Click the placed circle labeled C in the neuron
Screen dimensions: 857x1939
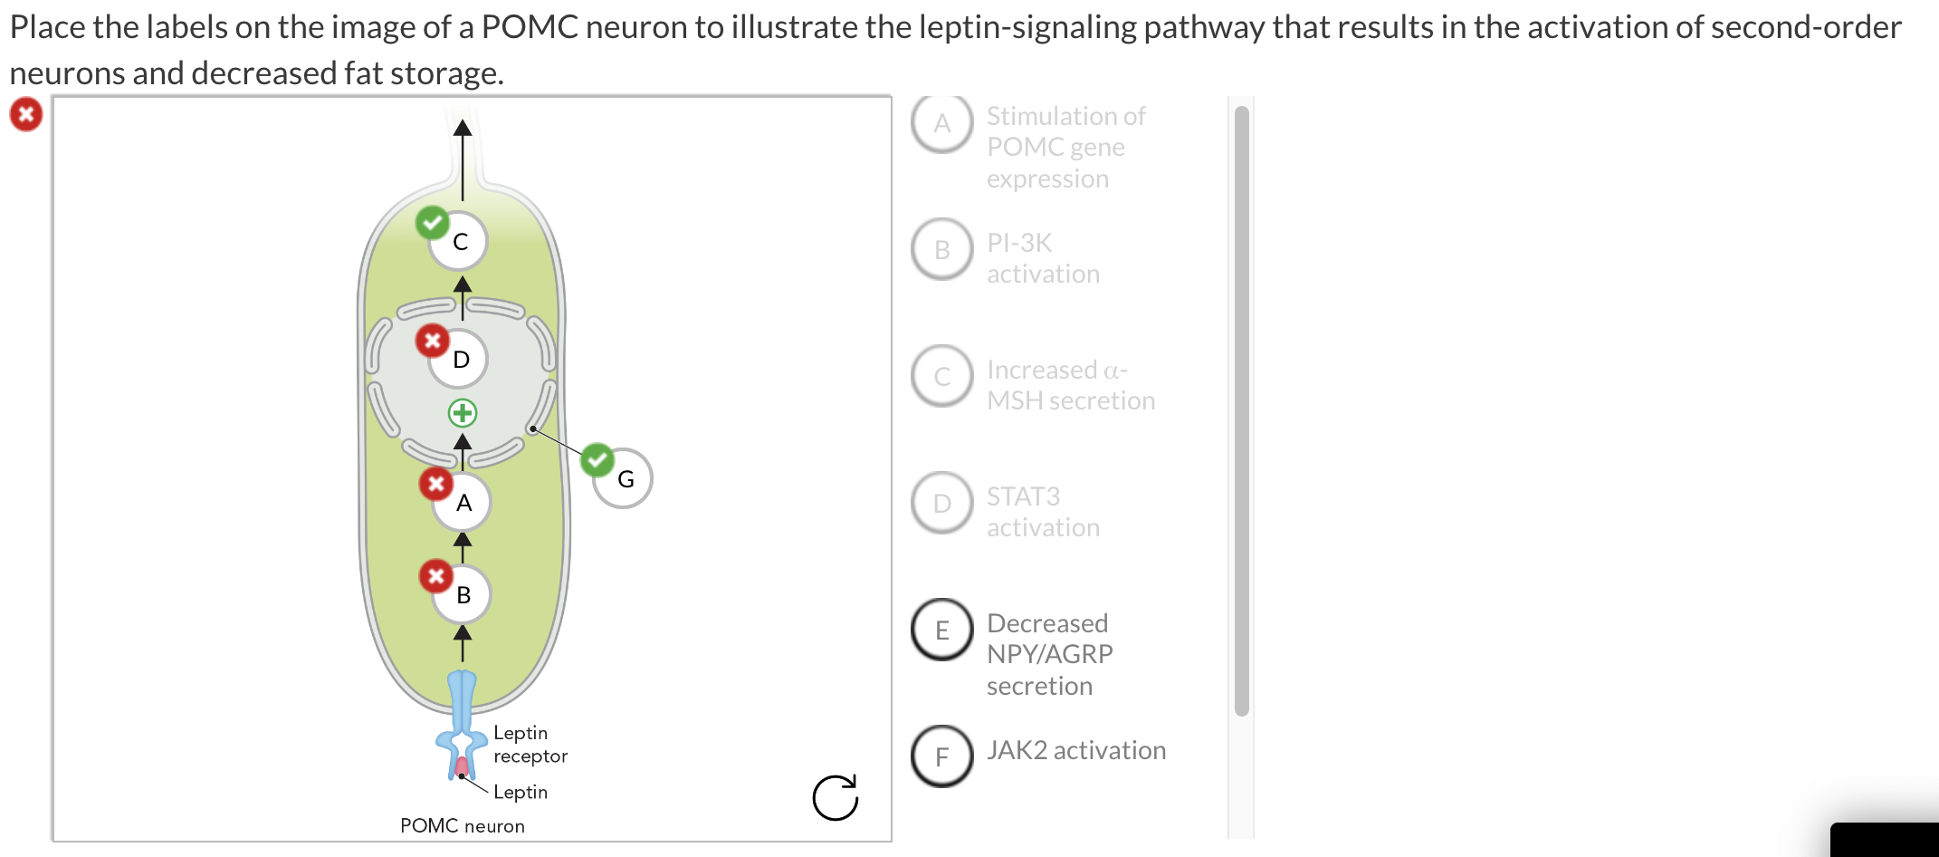(459, 242)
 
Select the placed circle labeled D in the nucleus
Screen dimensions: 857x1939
(460, 360)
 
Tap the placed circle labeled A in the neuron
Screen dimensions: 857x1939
(463, 503)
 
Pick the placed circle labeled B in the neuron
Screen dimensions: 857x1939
(463, 595)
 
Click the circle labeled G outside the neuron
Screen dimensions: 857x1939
(624, 479)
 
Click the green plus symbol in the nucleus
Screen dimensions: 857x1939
(463, 413)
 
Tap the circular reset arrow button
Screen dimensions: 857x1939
(835, 797)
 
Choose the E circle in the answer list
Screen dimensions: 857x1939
(942, 630)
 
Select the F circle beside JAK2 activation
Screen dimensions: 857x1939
(942, 756)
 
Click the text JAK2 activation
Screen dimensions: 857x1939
(1075, 750)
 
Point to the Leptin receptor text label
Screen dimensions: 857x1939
(530, 744)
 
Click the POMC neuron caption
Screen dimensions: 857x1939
(462, 825)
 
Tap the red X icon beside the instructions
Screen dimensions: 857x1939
(26, 114)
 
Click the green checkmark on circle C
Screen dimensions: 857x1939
(432, 222)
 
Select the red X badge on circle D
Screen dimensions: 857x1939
(432, 341)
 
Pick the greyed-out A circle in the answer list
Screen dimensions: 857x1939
(942, 123)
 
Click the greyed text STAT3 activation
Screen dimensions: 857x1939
(1042, 512)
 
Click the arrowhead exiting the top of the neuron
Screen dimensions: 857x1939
(463, 128)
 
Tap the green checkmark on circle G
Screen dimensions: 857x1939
(597, 459)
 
